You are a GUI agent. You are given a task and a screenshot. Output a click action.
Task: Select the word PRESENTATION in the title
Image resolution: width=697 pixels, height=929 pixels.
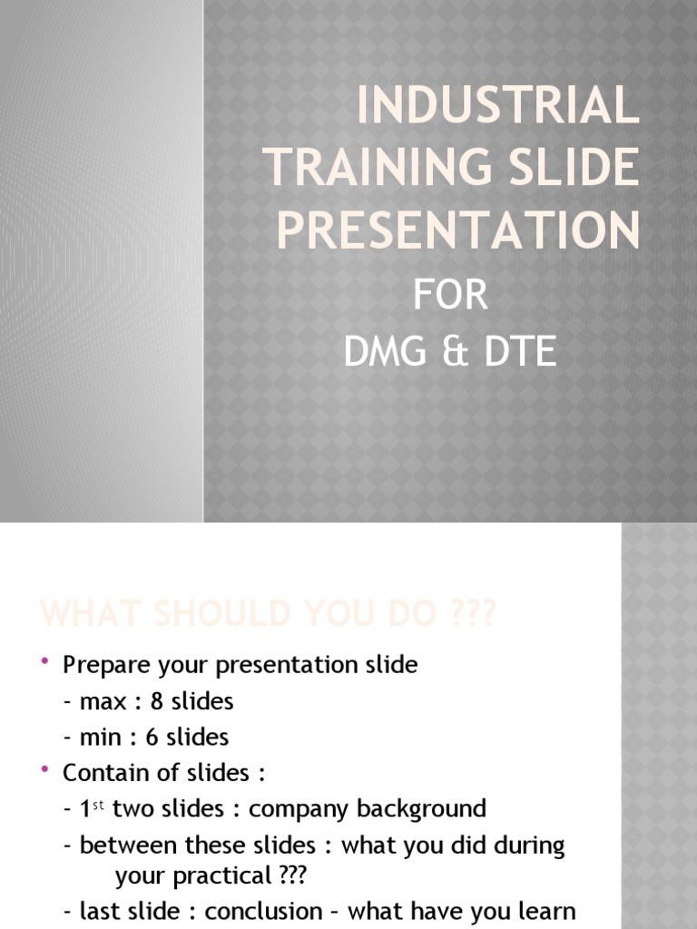[458, 230]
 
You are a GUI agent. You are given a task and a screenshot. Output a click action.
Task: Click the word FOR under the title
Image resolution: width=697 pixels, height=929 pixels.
[450, 297]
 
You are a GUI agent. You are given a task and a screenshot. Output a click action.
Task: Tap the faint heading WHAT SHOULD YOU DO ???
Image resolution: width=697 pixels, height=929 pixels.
[268, 614]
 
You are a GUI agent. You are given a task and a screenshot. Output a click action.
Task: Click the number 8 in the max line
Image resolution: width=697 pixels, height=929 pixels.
[158, 701]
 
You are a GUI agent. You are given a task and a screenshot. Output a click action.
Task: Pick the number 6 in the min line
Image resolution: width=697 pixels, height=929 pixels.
[152, 737]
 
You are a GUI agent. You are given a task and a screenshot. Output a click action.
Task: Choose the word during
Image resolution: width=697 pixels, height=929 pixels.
[528, 846]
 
